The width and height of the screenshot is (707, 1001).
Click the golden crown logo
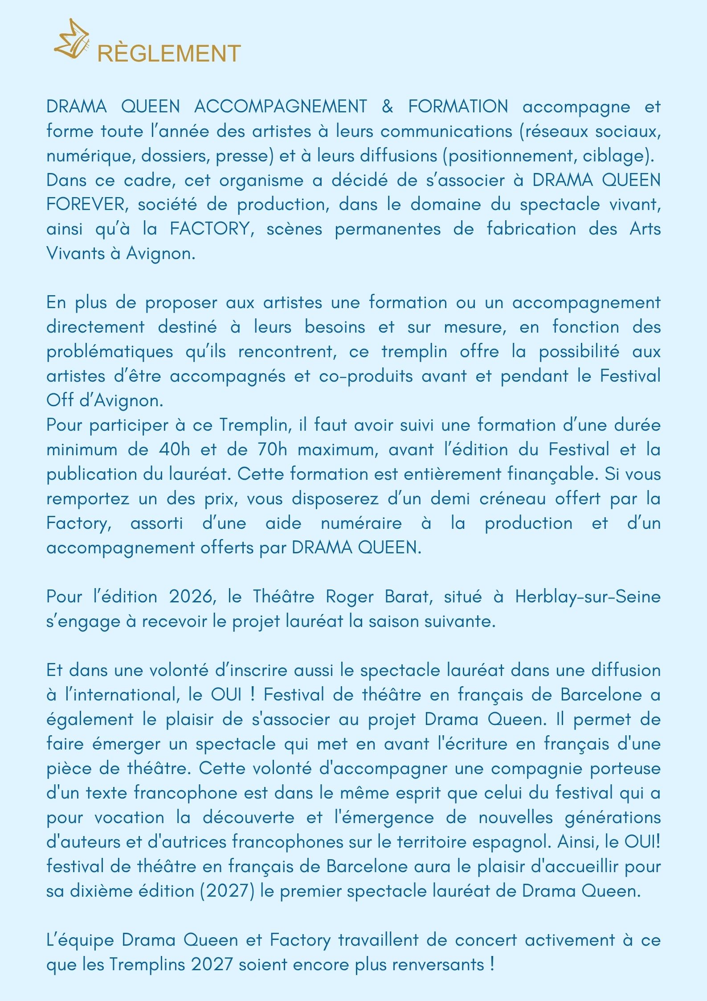[72, 39]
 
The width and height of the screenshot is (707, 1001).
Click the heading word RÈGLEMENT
[169, 54]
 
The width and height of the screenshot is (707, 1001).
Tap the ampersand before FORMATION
[387, 107]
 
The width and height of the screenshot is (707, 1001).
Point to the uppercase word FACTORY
[209, 229]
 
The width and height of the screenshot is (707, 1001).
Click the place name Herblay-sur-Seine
[588, 597]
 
